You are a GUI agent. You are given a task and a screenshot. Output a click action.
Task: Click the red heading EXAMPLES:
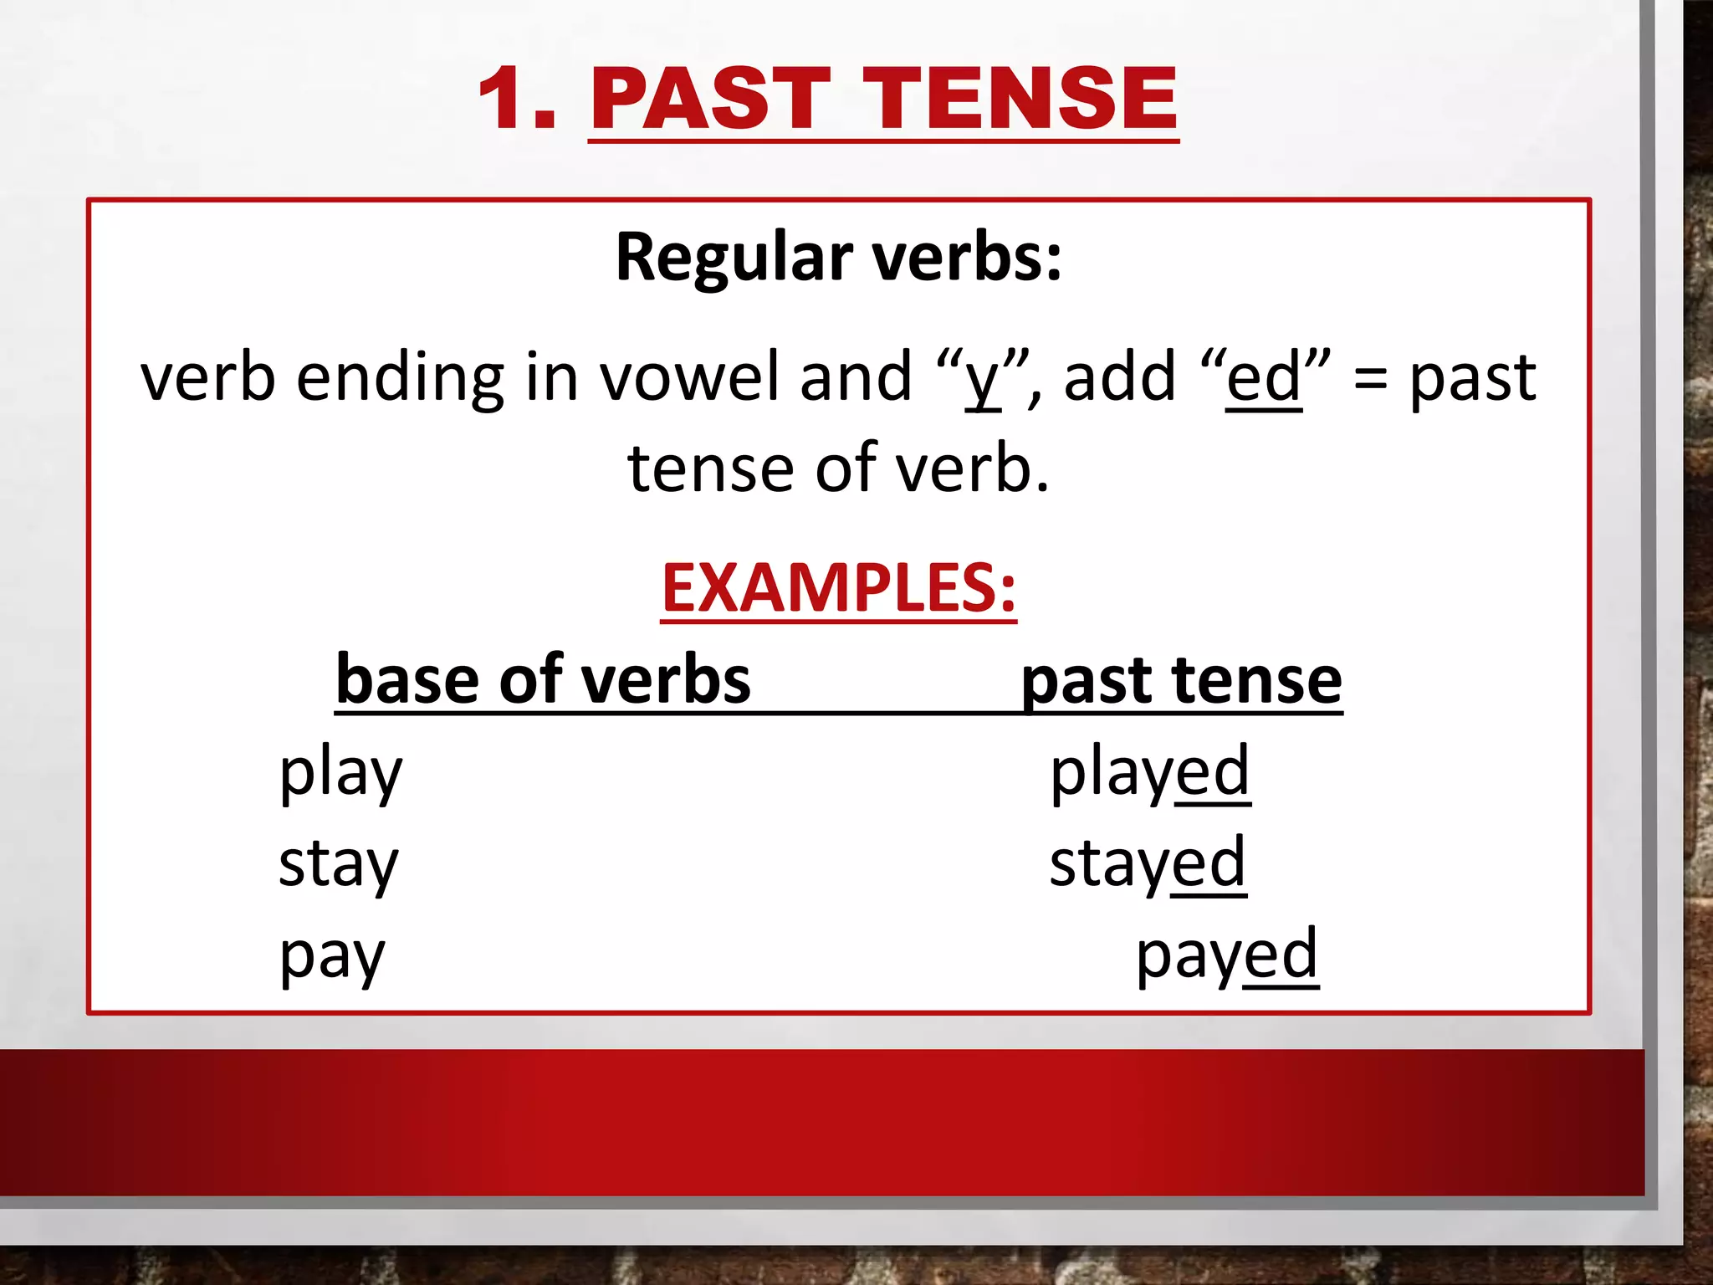(x=838, y=587)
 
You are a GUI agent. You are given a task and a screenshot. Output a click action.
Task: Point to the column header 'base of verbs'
(x=544, y=679)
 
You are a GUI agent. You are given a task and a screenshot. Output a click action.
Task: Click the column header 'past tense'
(x=1181, y=679)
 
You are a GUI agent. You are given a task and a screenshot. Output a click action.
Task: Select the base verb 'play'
(x=341, y=773)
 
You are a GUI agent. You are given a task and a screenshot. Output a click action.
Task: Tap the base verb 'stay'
(x=339, y=865)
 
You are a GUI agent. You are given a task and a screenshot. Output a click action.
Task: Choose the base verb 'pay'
(x=332, y=956)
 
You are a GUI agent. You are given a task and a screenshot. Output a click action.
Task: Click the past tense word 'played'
(x=1150, y=773)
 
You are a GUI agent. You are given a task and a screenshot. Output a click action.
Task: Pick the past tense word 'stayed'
(x=1148, y=865)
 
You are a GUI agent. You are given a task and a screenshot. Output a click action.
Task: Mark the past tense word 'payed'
(x=1227, y=956)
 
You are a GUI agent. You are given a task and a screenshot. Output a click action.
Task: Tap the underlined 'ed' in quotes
(x=1264, y=378)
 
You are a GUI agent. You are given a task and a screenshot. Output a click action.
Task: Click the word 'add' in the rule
(x=1120, y=378)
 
